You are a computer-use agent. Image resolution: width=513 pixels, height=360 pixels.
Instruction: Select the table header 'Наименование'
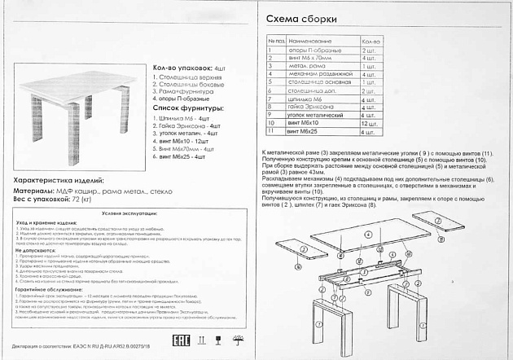tap(310, 40)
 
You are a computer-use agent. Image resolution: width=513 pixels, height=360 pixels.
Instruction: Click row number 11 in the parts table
tap(269, 130)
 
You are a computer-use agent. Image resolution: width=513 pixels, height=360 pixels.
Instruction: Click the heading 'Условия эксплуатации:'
tap(123, 212)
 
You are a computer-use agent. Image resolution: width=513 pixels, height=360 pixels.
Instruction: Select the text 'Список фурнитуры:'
tap(186, 108)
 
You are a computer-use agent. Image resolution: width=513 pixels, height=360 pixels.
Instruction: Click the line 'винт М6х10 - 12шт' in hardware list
tap(190, 141)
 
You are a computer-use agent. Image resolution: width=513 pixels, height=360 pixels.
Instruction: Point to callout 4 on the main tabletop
tap(368, 234)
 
